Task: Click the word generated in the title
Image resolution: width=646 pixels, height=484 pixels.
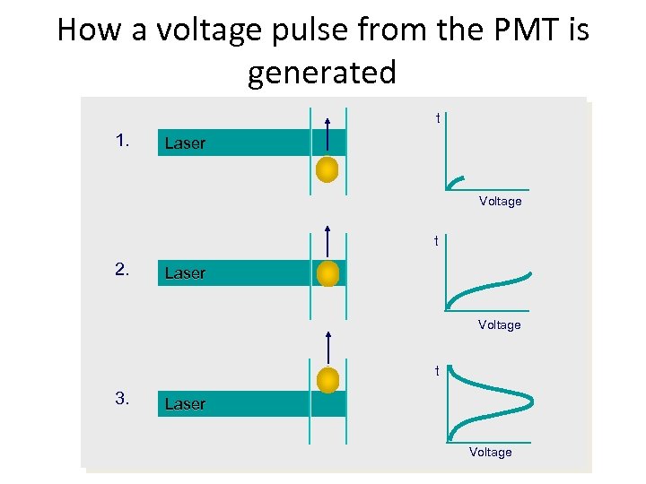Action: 321,72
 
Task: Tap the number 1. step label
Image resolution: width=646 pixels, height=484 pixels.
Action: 124,141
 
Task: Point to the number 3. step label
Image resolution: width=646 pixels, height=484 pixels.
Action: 124,399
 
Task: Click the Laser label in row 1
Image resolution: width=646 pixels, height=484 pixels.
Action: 185,143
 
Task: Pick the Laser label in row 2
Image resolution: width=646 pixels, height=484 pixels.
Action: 185,273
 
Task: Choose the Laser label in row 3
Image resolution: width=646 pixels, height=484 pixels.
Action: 185,404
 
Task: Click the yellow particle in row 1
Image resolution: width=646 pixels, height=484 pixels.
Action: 328,169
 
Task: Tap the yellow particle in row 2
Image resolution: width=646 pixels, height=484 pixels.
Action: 328,273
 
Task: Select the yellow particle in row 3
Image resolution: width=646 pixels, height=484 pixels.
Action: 328,380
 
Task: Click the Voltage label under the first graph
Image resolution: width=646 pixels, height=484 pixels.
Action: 500,202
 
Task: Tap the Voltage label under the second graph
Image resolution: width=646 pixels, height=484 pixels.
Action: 499,324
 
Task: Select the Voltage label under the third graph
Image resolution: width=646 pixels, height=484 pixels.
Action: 490,453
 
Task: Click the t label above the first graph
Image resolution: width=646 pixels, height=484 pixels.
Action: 438,118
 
